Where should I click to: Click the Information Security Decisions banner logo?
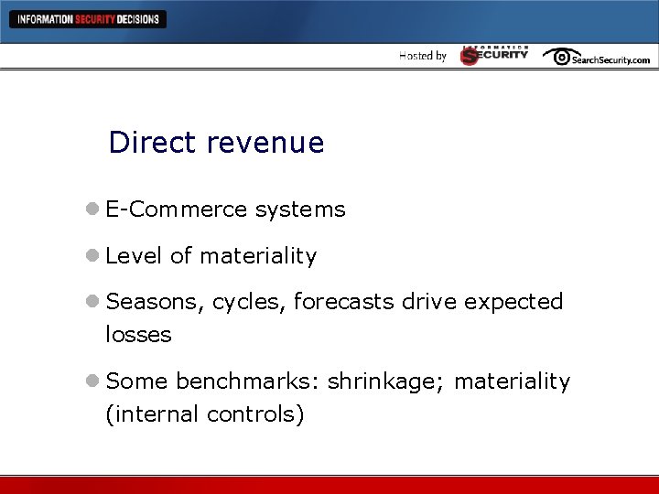[88, 19]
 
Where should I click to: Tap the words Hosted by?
[423, 56]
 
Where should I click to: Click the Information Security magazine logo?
[494, 55]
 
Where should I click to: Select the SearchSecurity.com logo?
[596, 57]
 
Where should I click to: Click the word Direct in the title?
[152, 143]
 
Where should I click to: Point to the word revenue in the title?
[265, 143]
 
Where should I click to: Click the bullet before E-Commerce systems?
[93, 209]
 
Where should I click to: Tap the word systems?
[300, 210]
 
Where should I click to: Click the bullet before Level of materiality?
[93, 257]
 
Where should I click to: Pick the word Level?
[135, 256]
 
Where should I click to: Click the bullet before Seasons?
[93, 302]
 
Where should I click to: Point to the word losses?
[138, 335]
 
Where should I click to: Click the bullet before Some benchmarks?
[93, 381]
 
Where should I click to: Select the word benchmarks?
[247, 381]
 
